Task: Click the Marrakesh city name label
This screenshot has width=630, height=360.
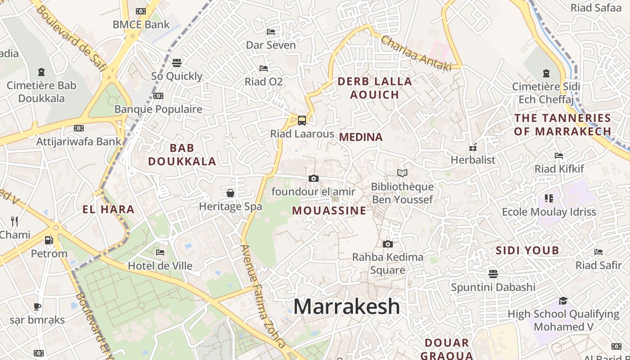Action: coord(346,307)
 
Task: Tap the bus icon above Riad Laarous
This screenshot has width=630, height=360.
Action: coord(301,121)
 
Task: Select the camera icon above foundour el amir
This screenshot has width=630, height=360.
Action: coord(314,179)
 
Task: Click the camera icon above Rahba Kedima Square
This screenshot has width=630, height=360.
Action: coord(387,244)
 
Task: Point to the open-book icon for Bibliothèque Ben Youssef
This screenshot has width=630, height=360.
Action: coord(402,173)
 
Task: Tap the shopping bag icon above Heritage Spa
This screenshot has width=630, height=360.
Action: coord(230,193)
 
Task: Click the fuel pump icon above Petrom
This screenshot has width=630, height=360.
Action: coord(49,240)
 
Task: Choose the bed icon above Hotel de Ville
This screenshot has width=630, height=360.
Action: coord(160,252)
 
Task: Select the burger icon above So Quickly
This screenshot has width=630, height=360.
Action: coord(177,63)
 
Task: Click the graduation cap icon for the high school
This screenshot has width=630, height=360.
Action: coord(563,301)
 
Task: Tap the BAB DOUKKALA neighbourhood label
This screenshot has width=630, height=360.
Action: coord(182,154)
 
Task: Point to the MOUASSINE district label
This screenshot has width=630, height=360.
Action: coord(329,211)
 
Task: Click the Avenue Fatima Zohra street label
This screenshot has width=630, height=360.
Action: coord(263,297)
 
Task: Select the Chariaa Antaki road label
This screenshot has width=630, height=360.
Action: coord(416,54)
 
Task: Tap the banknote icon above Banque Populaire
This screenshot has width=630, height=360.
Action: coord(158,96)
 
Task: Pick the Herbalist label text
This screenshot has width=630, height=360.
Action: coord(473,160)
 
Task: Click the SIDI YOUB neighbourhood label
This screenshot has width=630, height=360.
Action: coord(527,251)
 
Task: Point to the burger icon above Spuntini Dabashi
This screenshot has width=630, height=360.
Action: coord(493,274)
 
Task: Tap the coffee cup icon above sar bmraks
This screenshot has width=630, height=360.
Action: coord(37,307)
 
